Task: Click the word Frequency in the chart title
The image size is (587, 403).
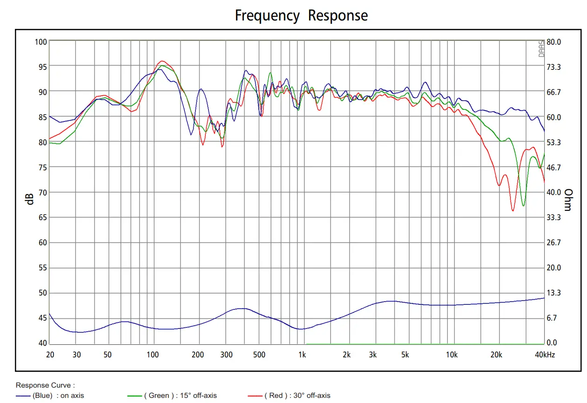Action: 267,16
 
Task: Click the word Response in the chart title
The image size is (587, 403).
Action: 337,16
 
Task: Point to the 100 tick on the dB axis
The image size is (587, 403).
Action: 41,42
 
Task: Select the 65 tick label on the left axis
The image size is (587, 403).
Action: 42,217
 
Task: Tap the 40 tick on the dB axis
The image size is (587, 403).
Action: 42,343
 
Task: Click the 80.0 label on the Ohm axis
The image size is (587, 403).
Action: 554,42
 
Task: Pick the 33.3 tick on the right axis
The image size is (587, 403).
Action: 554,217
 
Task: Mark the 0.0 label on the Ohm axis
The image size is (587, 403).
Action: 552,343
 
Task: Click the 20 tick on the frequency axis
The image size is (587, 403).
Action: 50,355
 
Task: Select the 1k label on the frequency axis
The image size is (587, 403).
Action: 302,355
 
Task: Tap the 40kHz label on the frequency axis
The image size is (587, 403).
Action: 545,355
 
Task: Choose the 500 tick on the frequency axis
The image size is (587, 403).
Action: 259,355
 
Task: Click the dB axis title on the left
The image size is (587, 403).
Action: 30,199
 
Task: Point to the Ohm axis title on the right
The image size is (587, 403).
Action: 568,200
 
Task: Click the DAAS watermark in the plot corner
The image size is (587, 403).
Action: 541,48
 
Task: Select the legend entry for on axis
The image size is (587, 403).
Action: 50,396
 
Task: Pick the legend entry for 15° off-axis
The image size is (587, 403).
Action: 172,396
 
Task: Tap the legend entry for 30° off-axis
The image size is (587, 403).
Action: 289,396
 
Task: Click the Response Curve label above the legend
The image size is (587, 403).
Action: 45,385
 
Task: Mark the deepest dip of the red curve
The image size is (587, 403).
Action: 513,210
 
